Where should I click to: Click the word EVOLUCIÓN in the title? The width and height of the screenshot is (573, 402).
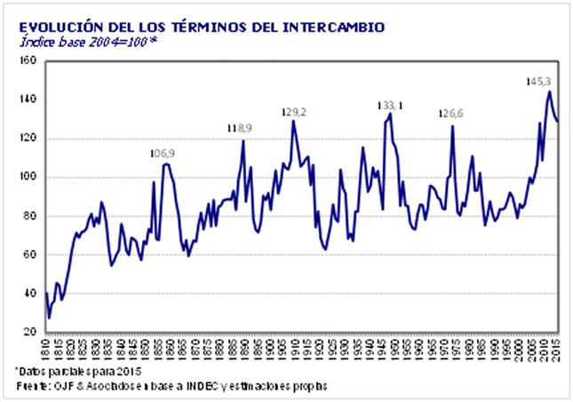(54, 28)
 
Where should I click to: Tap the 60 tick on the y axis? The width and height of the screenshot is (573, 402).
(27, 254)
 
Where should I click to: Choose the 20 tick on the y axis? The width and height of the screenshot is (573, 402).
(27, 332)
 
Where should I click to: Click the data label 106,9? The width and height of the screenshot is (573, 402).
(162, 154)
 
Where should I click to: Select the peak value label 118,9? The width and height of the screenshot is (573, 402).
(239, 128)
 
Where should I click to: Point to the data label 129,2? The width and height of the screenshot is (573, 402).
(294, 111)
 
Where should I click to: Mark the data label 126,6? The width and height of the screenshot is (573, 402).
(452, 114)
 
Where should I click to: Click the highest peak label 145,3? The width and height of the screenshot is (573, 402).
(538, 81)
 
